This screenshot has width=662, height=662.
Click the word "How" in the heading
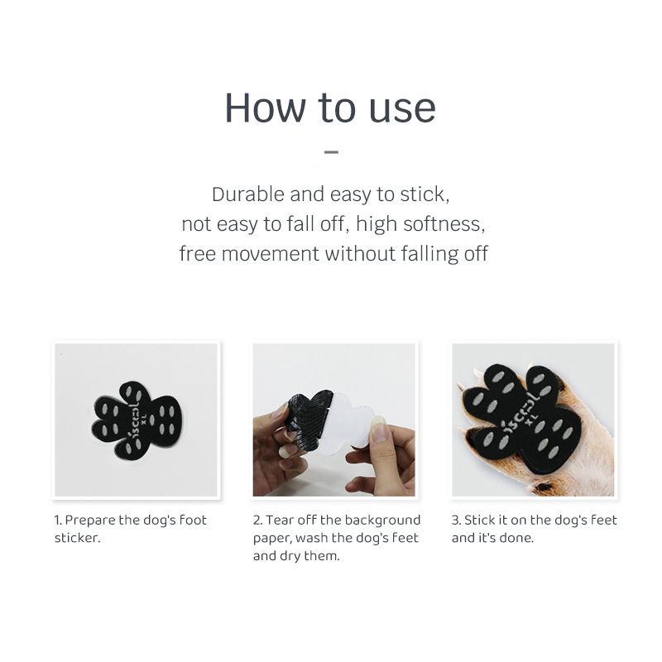(x=265, y=108)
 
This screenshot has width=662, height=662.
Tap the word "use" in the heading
(x=402, y=109)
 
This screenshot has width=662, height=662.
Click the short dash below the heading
(x=332, y=151)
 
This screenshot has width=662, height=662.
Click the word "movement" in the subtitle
(x=271, y=254)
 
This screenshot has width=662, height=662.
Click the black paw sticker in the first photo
(x=137, y=420)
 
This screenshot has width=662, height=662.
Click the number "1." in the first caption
(x=58, y=520)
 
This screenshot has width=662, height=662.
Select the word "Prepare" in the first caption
(x=90, y=520)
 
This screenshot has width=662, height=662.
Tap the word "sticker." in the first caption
(x=77, y=539)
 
